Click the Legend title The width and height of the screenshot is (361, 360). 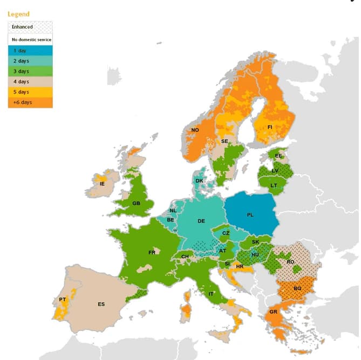(x=18, y=14)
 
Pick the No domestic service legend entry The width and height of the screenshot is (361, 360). (x=30, y=39)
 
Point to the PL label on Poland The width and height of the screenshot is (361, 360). (x=250, y=214)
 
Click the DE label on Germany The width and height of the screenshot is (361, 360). (x=201, y=221)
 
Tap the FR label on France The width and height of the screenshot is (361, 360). (x=152, y=252)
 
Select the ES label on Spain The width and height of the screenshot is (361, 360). (x=101, y=304)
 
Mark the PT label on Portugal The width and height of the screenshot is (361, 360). (x=63, y=300)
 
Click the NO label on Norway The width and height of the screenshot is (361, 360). (x=195, y=130)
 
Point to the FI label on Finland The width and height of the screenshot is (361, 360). (x=270, y=127)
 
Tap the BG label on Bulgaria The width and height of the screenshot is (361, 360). (x=297, y=289)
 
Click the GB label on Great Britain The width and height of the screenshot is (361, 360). (x=136, y=203)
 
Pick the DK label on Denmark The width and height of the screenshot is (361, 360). (x=200, y=181)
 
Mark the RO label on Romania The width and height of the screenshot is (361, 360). (x=290, y=262)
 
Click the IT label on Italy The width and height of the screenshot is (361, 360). (x=211, y=294)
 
